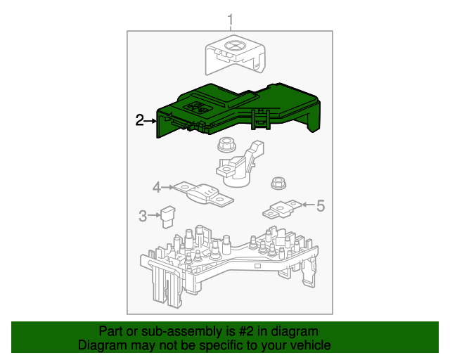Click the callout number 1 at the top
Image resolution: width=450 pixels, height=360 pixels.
(x=229, y=19)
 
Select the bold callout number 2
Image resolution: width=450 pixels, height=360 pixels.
(x=139, y=121)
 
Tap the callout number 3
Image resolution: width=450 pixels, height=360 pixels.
(x=143, y=216)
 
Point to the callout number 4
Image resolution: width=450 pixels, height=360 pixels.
(x=157, y=187)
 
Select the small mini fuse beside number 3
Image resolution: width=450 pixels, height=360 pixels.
(x=167, y=215)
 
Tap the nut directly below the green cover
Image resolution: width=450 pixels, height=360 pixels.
(x=226, y=146)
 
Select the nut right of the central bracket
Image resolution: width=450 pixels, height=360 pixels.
(x=277, y=184)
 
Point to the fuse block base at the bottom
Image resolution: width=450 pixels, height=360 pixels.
(x=232, y=264)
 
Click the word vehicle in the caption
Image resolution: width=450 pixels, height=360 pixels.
(x=309, y=345)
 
